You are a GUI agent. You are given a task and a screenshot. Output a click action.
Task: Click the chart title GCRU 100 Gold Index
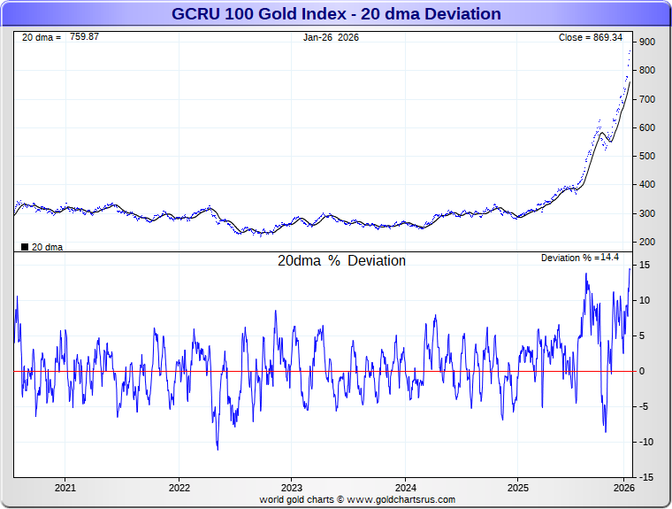(335, 14)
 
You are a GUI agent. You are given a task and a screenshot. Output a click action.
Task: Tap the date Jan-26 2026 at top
(332, 37)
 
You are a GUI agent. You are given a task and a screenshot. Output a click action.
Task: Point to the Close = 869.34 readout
(591, 37)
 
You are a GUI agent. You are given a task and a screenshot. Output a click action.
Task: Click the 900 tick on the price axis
(647, 42)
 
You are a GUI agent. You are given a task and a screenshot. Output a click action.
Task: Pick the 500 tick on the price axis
(647, 157)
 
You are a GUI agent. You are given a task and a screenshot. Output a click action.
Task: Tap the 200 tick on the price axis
(647, 243)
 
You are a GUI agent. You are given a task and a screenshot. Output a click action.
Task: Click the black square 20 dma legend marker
(24, 247)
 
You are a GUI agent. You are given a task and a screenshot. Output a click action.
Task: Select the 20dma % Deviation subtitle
(341, 261)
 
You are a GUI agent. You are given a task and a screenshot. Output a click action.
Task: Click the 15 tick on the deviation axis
(645, 266)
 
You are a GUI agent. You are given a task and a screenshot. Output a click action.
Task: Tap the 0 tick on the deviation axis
(643, 371)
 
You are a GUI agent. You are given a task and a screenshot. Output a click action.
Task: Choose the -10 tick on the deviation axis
(645, 442)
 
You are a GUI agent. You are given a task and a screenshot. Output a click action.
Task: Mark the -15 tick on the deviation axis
(645, 477)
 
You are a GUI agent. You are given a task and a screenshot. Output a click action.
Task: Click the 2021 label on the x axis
(65, 488)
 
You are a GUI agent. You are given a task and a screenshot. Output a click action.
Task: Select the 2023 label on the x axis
(292, 488)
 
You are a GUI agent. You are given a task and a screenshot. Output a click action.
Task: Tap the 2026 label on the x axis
(624, 488)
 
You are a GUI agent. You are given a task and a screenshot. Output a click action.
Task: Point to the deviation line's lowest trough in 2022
(218, 449)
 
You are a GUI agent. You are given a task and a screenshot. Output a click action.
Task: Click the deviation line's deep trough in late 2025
(606, 432)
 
